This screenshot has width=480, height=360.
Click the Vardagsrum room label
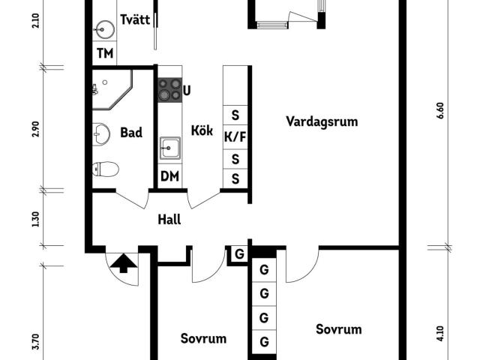322,121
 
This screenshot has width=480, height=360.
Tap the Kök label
202,130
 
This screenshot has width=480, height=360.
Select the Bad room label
131,133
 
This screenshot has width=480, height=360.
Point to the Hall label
169,220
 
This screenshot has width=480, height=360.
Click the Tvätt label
135,19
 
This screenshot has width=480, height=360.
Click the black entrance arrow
123,262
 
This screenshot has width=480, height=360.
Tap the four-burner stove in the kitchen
170,90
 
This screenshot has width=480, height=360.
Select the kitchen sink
170,148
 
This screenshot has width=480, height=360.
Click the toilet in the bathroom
106,169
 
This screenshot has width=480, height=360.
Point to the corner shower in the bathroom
112,89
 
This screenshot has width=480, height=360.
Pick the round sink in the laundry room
104,30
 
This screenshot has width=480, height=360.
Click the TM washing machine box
105,53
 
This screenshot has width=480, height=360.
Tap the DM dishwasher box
170,176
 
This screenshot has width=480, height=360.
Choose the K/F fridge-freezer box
235,137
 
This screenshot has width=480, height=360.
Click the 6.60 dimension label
440,110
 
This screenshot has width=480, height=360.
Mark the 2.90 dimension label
36,129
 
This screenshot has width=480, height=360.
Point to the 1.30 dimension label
36,219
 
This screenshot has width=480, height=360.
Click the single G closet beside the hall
239,253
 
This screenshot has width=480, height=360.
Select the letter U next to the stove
187,91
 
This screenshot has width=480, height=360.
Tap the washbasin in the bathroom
101,134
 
